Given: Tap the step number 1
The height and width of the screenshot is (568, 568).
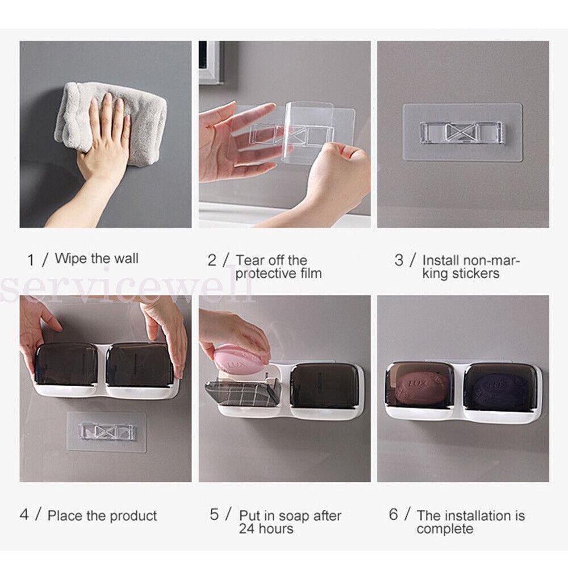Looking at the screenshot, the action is click(x=31, y=260).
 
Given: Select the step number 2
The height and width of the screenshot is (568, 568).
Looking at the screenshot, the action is click(x=212, y=260).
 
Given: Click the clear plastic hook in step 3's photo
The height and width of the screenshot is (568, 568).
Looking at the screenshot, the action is click(x=461, y=132).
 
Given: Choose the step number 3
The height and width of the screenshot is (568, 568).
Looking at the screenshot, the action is click(x=399, y=260).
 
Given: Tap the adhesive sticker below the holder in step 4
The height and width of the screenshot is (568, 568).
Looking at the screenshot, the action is click(x=107, y=432).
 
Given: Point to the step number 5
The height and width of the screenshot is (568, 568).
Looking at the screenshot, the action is click(x=214, y=514).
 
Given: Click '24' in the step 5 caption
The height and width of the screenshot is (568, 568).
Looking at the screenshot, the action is click(x=247, y=529).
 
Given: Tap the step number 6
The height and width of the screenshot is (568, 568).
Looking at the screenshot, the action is click(x=394, y=514).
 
